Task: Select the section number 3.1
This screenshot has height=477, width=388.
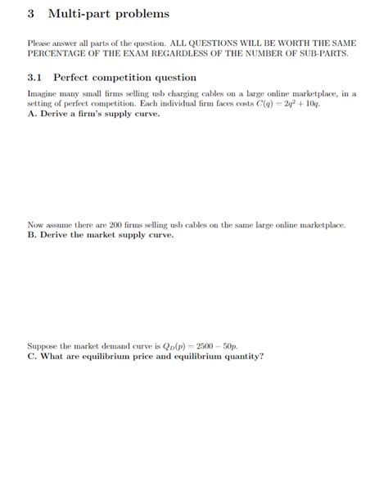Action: click(x=35, y=77)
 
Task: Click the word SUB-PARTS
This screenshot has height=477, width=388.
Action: click(x=327, y=53)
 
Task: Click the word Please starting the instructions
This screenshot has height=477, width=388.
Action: click(x=39, y=43)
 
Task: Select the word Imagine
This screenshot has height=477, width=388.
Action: click(x=42, y=94)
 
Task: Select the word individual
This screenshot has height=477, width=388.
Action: click(x=205, y=104)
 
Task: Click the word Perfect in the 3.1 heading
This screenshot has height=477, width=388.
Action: click(x=75, y=77)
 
